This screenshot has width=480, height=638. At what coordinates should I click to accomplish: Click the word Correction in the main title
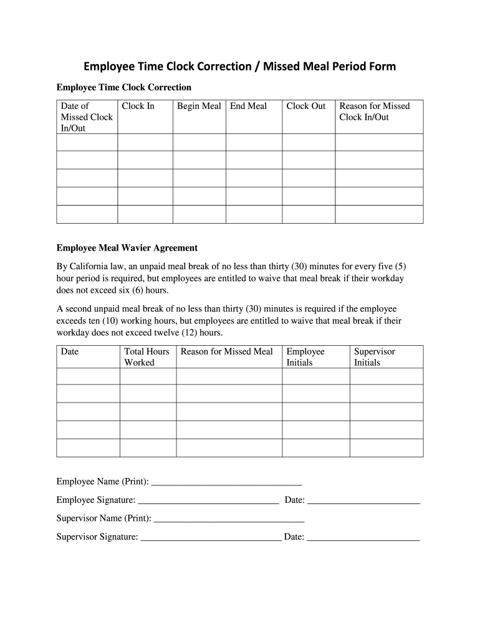pyautogui.click(x=216, y=67)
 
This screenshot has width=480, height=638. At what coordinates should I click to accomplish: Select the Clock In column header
pyautogui.click(x=138, y=106)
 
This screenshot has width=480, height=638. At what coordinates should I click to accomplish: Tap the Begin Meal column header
pyautogui.click(x=199, y=106)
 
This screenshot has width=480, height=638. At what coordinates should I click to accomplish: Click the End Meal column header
pyautogui.click(x=248, y=106)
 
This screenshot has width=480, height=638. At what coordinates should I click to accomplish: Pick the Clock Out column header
pyautogui.click(x=305, y=106)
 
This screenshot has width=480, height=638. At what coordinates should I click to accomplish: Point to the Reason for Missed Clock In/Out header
pyautogui.click(x=374, y=112)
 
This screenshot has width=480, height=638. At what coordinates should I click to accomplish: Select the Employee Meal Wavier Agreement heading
pyautogui.click(x=127, y=248)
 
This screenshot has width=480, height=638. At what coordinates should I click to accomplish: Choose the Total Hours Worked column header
pyautogui.click(x=146, y=357)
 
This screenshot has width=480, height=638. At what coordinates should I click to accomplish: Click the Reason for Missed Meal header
pyautogui.click(x=226, y=351)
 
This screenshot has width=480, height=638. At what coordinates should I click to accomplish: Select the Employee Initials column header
pyautogui.click(x=305, y=357)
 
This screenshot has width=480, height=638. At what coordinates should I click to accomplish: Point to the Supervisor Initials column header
pyautogui.click(x=374, y=357)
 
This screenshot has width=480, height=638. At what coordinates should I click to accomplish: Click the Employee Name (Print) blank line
pyautogui.click(x=226, y=482)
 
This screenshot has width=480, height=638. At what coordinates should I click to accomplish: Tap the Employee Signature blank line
pyautogui.click(x=208, y=500)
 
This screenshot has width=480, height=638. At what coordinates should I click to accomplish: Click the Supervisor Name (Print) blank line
pyautogui.click(x=229, y=518)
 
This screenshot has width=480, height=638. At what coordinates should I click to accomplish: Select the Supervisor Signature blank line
pyautogui.click(x=211, y=536)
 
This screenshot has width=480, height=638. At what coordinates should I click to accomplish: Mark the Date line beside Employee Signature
pyautogui.click(x=363, y=500)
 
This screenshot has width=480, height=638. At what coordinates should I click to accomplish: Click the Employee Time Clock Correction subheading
pyautogui.click(x=124, y=87)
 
